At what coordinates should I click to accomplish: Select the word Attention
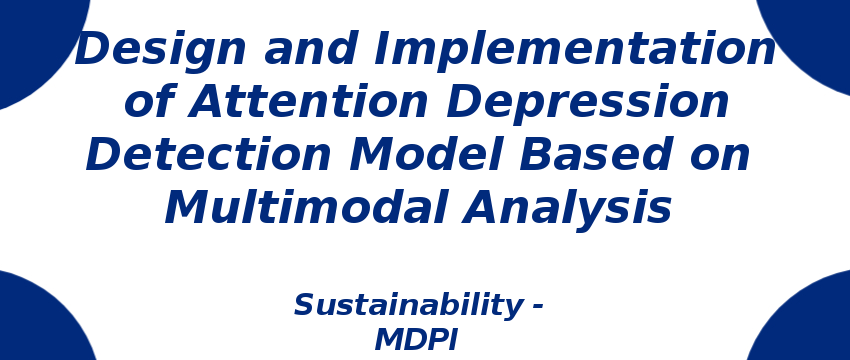tap(308, 102)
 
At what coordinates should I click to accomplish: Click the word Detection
tap(208, 154)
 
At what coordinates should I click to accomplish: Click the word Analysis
tap(567, 210)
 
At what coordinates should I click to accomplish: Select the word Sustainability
tap(406, 305)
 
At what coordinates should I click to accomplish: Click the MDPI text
tap(416, 341)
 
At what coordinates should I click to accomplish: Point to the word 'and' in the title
tap(310, 49)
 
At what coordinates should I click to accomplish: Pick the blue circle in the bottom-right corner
tap(805, 320)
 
